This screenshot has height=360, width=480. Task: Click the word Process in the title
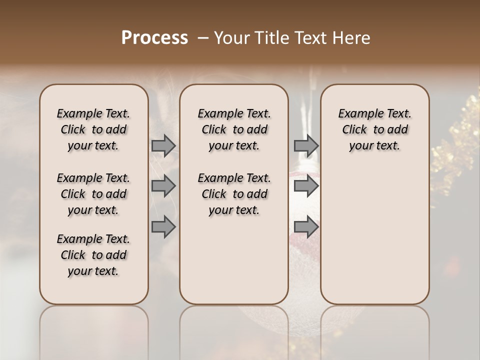(154, 37)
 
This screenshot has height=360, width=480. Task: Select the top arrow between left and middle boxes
(163, 145)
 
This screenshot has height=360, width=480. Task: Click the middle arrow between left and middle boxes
(163, 186)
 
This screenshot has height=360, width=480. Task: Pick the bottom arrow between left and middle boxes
(163, 227)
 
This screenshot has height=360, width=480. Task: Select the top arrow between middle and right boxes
(306, 145)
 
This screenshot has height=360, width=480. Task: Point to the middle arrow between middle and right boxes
(306, 186)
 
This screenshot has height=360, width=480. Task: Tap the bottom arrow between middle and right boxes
(306, 227)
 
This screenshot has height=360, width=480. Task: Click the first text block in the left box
(93, 129)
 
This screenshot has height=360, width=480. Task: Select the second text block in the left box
(93, 194)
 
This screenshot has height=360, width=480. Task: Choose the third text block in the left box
(93, 255)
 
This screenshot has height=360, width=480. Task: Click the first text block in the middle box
(234, 129)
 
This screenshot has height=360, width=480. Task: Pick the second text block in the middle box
(234, 194)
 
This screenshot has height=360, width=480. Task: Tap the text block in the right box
(375, 129)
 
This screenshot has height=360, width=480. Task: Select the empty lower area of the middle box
(234, 260)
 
